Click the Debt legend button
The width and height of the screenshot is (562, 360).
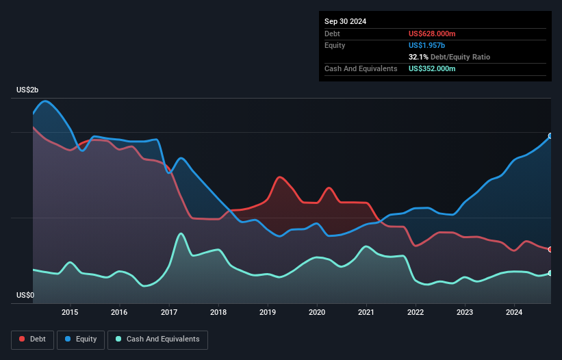[31, 339]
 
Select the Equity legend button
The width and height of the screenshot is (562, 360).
[81, 339]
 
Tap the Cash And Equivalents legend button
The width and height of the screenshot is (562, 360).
[157, 339]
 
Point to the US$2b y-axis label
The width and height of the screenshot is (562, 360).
[28, 90]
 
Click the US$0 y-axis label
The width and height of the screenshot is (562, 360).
[25, 296]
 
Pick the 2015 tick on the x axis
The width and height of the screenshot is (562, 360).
[70, 313]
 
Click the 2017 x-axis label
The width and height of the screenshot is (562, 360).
[168, 313]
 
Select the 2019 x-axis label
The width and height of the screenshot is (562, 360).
[267, 313]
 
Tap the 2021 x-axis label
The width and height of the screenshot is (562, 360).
[366, 313]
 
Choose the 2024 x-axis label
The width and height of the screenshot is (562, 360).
[514, 313]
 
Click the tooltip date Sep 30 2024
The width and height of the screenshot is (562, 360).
[346, 21]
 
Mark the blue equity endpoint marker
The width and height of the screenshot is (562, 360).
[550, 136]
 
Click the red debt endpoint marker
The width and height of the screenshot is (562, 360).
[550, 249]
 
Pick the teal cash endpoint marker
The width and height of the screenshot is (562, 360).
[550, 273]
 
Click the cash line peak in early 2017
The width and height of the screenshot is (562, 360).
[181, 234]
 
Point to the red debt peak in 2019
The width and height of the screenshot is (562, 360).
[279, 177]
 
